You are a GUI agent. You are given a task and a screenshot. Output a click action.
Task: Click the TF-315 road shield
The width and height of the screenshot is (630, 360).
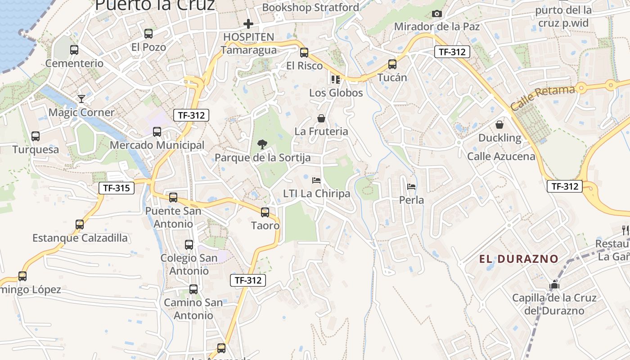pos(117,188)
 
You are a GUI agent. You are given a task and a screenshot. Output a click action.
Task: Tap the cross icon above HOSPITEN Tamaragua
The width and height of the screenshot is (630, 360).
pos(248,23)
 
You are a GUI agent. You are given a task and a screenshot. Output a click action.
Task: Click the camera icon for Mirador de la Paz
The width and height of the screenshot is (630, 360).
pos(436,14)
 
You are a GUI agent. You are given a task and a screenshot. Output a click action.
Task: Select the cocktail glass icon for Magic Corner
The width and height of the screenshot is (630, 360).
pos(81,99)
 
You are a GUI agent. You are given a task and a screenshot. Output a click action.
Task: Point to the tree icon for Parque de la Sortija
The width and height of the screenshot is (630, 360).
pos(262,144)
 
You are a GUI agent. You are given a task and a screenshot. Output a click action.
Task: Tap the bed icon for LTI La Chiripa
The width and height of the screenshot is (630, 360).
pos(316,180)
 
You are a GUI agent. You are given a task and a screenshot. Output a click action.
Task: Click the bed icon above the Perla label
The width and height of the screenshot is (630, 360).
pos(411,186)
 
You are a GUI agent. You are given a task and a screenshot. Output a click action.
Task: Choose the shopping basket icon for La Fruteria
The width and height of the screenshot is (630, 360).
pos(321,118)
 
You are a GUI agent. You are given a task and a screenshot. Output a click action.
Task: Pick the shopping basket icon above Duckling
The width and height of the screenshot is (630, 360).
pos(499,125)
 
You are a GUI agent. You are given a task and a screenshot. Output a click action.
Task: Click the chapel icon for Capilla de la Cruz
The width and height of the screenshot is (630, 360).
pos(554,285)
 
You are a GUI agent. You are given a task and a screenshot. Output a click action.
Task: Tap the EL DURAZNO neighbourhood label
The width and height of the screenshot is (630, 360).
pos(518,259)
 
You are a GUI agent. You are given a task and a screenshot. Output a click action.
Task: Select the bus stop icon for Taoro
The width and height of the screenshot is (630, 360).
pos(265,212)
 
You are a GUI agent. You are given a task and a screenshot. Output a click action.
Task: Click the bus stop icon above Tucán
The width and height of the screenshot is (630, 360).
pos(392,64)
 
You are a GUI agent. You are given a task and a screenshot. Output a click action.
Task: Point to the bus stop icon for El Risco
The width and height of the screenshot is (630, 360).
pos(304,53)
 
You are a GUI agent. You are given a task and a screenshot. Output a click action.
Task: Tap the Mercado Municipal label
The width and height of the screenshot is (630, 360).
pos(157,145)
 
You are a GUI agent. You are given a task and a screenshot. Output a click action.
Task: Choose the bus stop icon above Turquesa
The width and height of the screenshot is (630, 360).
pos(36,136)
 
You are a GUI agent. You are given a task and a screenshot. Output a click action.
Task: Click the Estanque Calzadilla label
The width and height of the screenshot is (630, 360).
pos(80,238)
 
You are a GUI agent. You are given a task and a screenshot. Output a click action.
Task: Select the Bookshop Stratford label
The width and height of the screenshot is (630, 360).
pos(310,8)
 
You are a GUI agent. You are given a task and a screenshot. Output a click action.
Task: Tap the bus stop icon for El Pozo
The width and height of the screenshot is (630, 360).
pos(148,34)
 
